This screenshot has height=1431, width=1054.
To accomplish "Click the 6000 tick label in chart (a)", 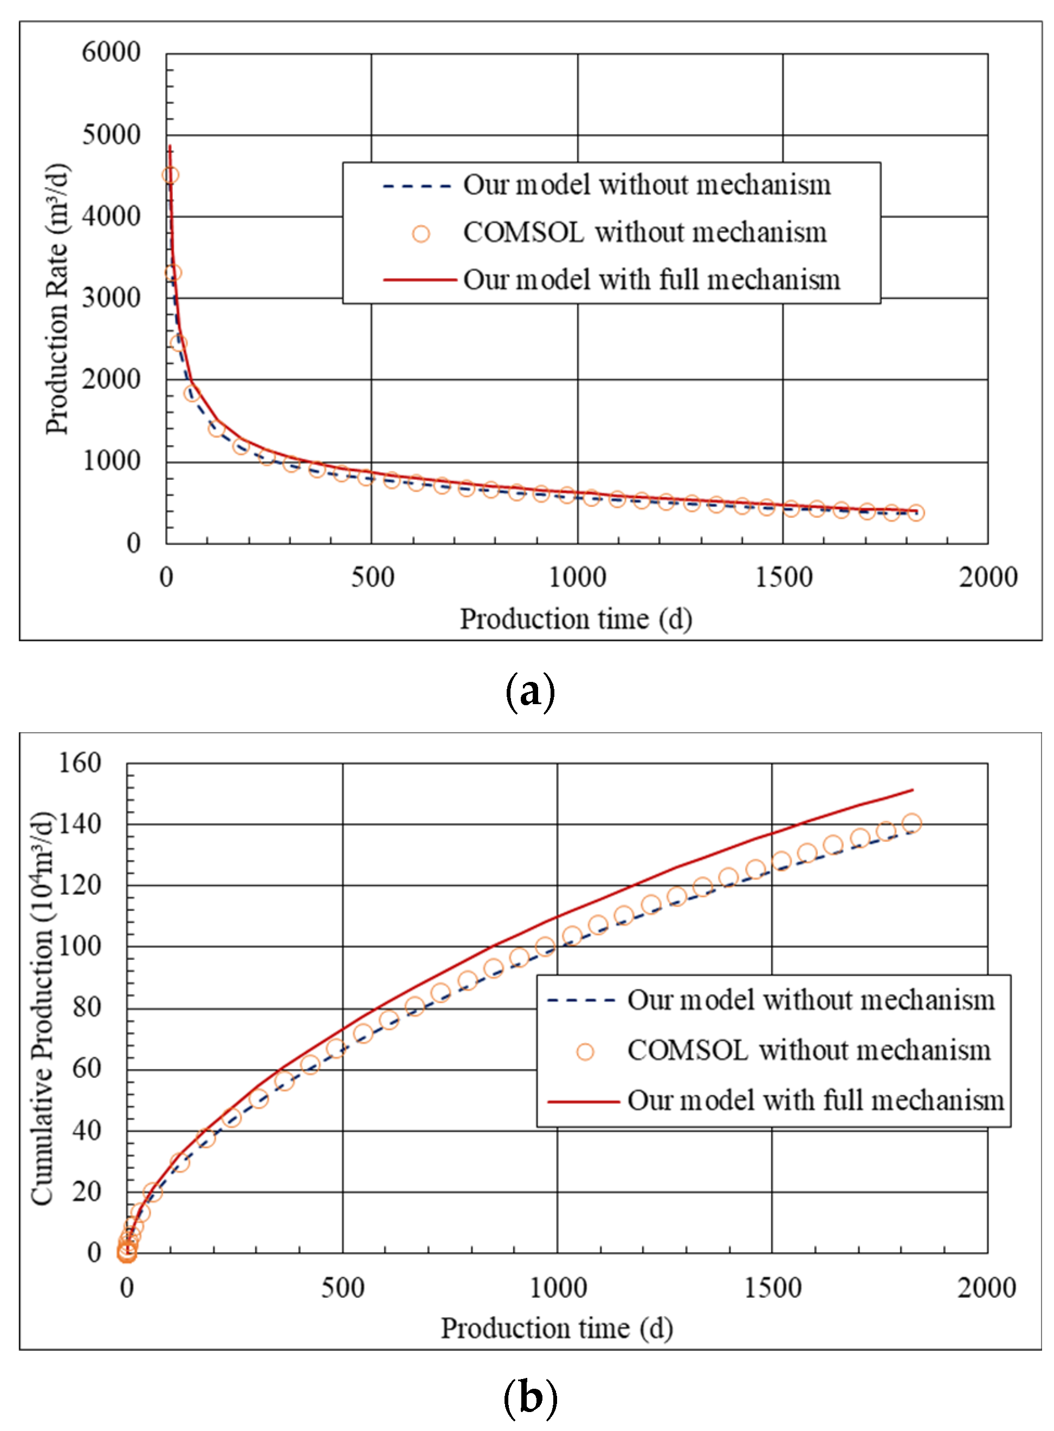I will point(111,53).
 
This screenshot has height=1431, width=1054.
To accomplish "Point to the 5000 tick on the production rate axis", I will point(111,134).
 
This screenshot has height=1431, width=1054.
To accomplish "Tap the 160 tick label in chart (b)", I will point(80,763).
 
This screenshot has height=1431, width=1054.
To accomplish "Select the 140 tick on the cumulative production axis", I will point(80,824).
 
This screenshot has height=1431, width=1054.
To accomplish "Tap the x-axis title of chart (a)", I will point(576,619).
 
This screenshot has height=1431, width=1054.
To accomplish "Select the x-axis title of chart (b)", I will point(557,1328).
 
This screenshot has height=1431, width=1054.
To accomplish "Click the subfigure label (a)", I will point(529,692).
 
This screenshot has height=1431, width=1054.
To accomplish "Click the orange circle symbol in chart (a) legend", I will point(421,234).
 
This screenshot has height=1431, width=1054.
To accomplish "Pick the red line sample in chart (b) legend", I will point(583,1101).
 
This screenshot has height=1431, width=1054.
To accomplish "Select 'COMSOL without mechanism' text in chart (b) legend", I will point(809,1050).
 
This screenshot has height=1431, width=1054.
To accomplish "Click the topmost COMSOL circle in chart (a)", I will point(170,175).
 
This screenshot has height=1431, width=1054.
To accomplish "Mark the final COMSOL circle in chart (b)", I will point(911,823).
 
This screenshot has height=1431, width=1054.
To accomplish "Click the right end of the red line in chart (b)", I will point(913,790).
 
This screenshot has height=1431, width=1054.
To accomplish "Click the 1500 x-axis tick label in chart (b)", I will point(773,1287).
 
